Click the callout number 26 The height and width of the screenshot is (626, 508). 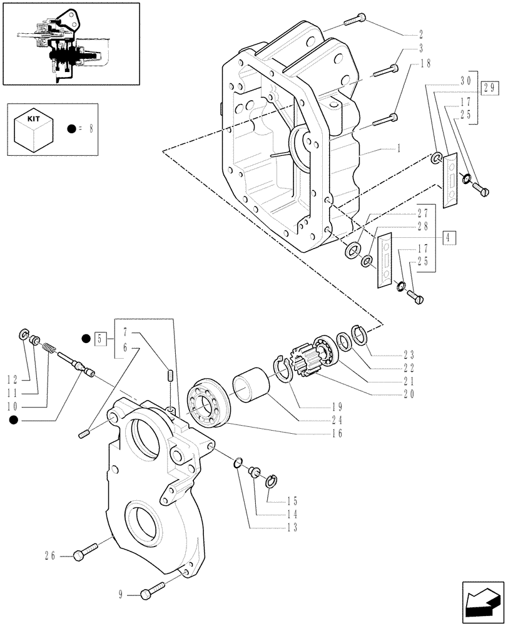tap(49, 555)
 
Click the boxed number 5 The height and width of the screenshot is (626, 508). tap(99, 339)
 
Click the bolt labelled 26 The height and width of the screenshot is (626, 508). tap(84, 552)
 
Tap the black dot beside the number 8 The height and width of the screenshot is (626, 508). tap(73, 130)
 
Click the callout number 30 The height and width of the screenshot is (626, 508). tap(465, 81)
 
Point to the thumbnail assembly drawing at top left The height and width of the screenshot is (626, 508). tap(69, 43)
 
